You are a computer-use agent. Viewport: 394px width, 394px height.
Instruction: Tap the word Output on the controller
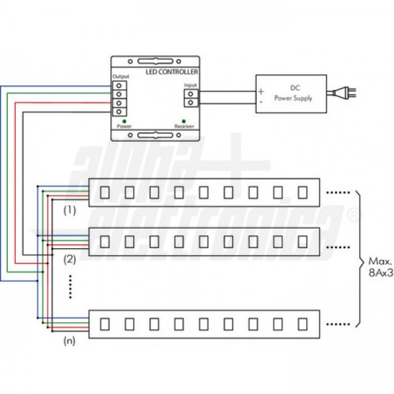(x=121, y=77)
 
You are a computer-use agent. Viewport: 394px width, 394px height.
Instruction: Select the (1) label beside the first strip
(x=70, y=211)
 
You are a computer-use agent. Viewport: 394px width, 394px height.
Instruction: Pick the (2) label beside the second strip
(x=70, y=259)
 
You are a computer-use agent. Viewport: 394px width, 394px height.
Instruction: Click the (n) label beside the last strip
(x=70, y=342)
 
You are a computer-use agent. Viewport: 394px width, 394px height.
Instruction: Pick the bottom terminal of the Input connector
(x=190, y=102)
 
